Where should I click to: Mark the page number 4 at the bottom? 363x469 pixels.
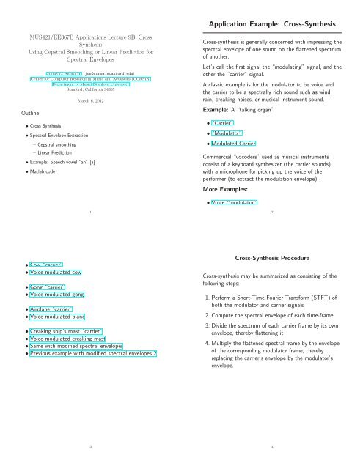coord(271,444)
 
